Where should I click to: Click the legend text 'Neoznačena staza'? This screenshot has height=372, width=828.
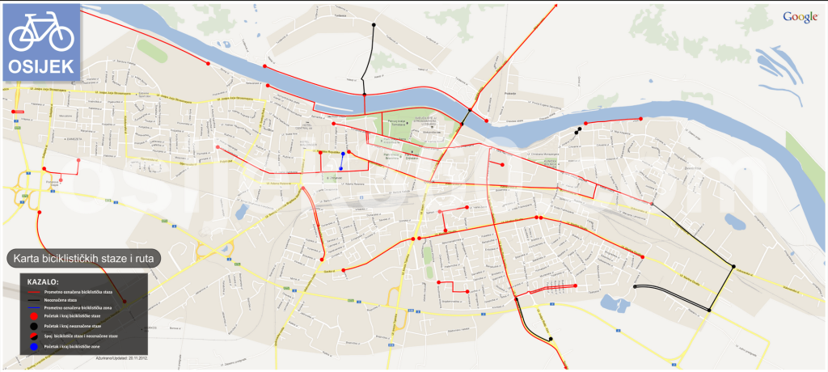61,299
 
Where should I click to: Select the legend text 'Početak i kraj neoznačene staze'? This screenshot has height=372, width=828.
73,326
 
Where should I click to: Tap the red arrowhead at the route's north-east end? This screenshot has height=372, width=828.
556,6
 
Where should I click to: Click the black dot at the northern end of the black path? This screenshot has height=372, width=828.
374,25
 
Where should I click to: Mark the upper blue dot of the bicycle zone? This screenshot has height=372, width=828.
343,153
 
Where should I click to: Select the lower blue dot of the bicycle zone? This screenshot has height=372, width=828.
342,168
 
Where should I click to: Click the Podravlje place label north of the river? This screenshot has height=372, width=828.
488,93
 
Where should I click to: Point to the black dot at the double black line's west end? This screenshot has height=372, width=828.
636,287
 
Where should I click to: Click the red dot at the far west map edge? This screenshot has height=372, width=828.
14,112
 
